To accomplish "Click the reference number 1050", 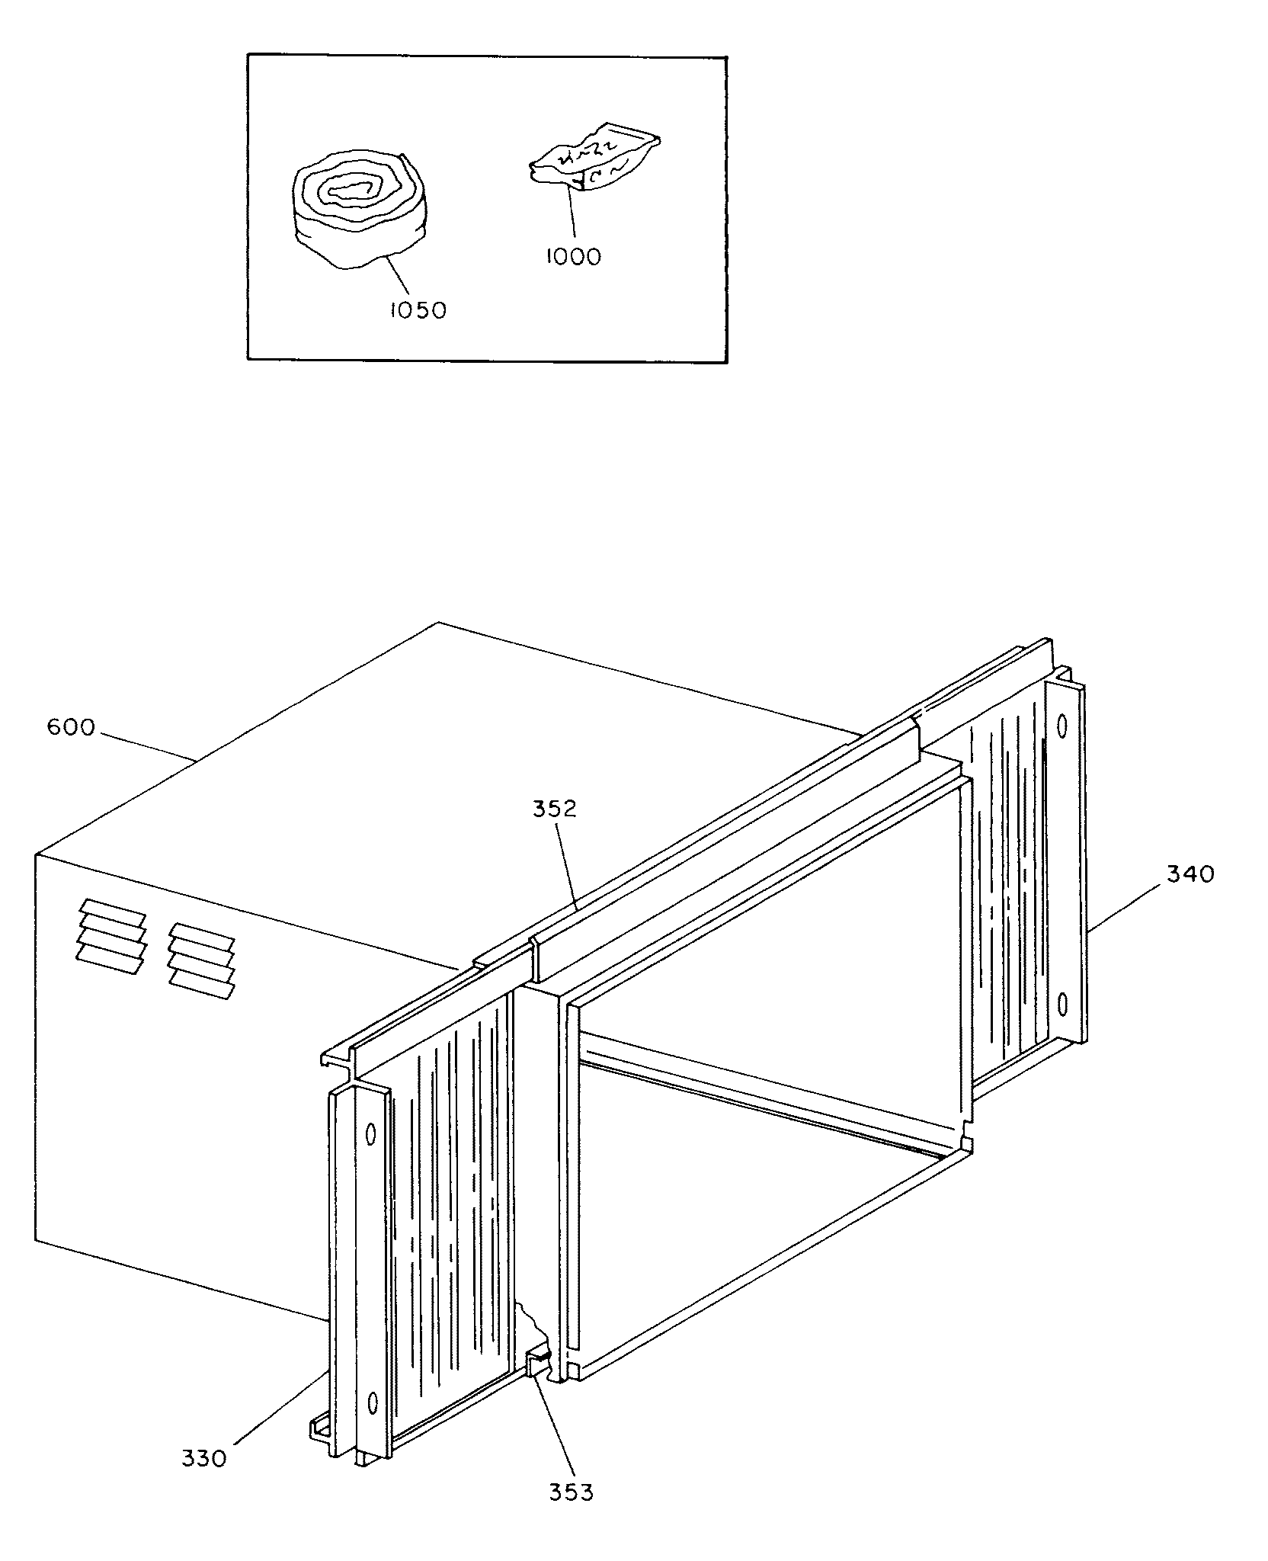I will pyautogui.click(x=417, y=310).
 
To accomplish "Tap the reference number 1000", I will pyautogui.click(x=573, y=257).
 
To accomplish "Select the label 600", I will pyautogui.click(x=71, y=728).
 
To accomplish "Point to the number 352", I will pyautogui.click(x=554, y=809).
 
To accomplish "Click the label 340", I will pyautogui.click(x=1190, y=874).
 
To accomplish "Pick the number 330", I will pyautogui.click(x=204, y=1458).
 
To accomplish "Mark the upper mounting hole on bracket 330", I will pyautogui.click(x=372, y=1134).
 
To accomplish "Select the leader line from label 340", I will pyautogui.click(x=1126, y=906).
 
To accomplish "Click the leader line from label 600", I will pyautogui.click(x=145, y=748).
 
